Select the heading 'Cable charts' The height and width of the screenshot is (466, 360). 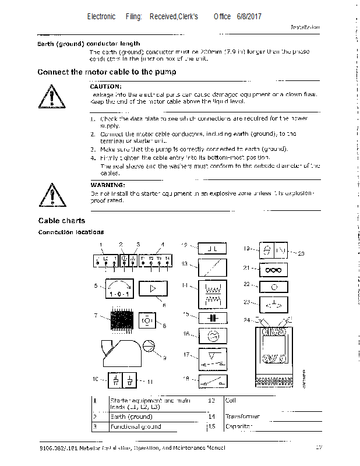coord(61,221)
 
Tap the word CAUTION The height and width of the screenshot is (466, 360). coord(105,86)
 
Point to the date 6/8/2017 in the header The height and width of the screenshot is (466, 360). coord(249,16)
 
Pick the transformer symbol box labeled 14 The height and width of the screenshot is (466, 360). coord(213,291)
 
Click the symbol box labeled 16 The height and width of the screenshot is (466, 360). coord(213,335)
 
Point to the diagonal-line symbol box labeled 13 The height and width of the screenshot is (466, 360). coord(213,268)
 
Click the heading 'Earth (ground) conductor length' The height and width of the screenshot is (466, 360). coord(89,44)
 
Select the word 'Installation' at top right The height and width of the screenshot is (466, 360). coord(305,27)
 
